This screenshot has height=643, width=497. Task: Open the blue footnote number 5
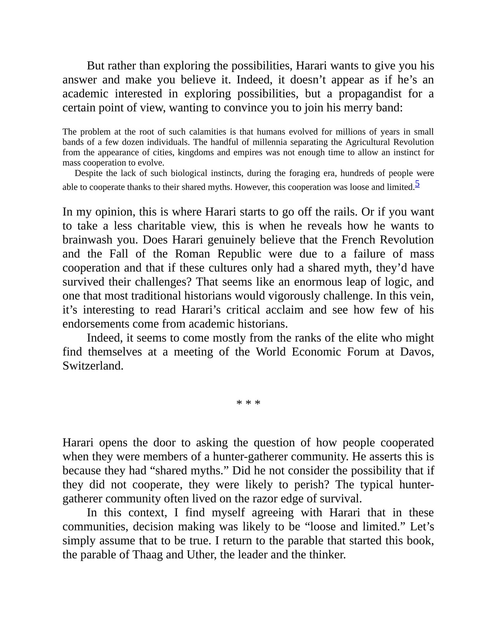[x=417, y=184]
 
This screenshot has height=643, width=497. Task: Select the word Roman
[x=192, y=254]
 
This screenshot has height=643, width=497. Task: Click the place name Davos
[x=417, y=352]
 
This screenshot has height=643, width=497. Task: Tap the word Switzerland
[x=92, y=366]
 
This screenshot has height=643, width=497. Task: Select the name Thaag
[x=148, y=554]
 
